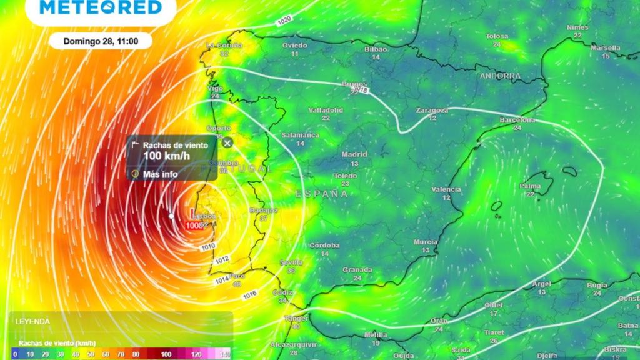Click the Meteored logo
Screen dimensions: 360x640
[100, 7]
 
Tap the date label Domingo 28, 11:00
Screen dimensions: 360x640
[100, 41]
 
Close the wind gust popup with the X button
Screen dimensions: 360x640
[227, 142]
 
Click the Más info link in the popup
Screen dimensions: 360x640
[160, 174]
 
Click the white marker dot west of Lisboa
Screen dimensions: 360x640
[172, 216]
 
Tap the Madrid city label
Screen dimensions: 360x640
[354, 154]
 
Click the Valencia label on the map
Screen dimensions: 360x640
[446, 189]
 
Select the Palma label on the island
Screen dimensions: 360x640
[530, 186]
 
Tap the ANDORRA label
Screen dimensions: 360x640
[500, 76]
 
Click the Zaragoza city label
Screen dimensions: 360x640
[432, 110]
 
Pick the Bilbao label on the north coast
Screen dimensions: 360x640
[376, 49]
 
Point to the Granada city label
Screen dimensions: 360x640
[357, 270]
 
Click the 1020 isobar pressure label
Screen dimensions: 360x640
[284, 21]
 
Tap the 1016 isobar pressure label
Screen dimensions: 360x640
[249, 294]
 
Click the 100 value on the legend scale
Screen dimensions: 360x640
[166, 354]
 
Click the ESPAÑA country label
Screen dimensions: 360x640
[322, 194]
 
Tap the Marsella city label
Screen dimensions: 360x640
[605, 47]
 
